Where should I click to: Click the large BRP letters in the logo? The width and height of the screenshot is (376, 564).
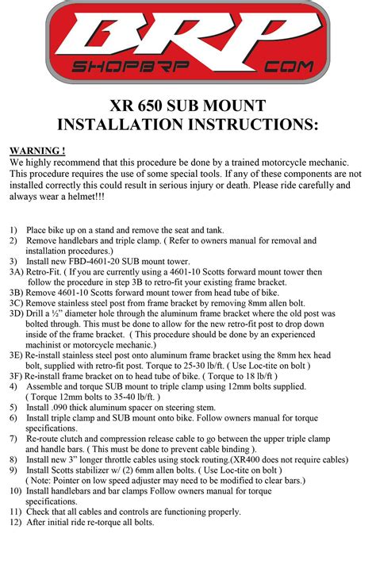(x=188, y=36)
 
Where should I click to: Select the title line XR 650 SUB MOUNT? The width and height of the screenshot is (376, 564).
(x=187, y=106)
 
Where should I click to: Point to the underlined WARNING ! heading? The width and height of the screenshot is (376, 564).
(x=37, y=150)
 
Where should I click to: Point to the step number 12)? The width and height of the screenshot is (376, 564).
(x=16, y=522)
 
